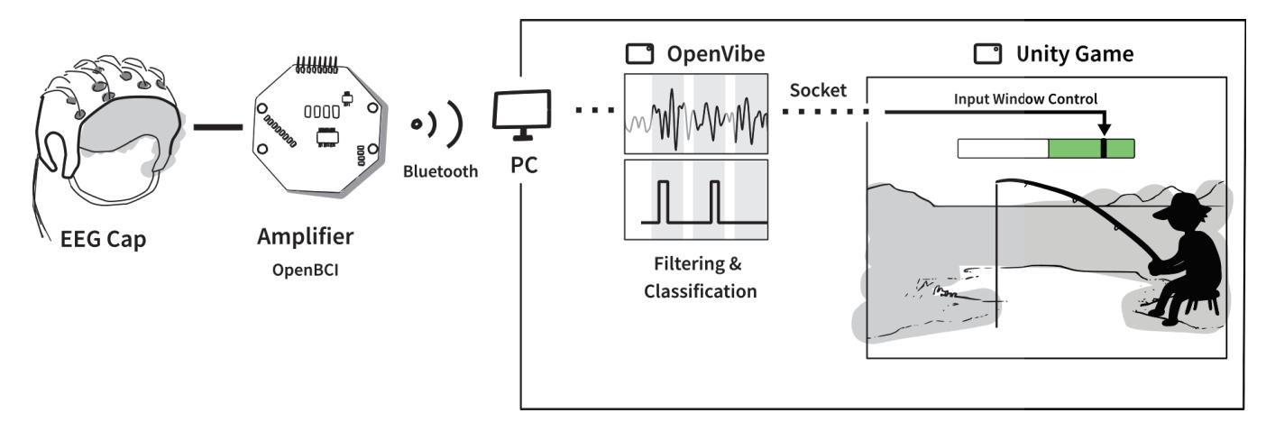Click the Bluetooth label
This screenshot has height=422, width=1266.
pos(440,172)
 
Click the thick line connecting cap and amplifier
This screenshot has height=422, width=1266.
pos(216,127)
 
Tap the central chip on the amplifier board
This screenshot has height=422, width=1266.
pos(326,136)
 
